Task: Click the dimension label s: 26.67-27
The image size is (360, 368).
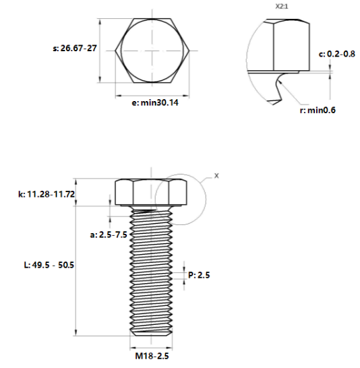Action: tap(74, 49)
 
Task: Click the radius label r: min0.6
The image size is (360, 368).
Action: tap(318, 110)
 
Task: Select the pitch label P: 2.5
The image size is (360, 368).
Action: tap(200, 274)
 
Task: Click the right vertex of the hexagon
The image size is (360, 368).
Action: tap(194, 51)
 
